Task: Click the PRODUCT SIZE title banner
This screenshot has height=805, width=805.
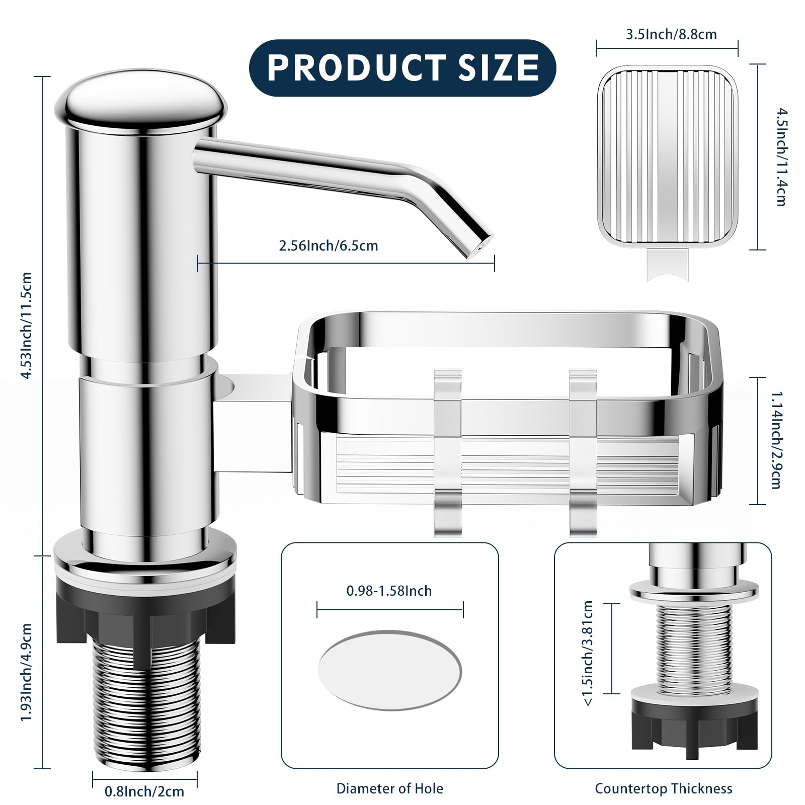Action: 403,67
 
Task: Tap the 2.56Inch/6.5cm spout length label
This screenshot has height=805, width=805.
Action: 328,246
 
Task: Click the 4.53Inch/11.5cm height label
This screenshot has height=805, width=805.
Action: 26,325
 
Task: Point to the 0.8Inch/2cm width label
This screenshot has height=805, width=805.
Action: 144,791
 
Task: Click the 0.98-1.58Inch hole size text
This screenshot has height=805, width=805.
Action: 389,591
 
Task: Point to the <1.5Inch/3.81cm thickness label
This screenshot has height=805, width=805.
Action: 588,653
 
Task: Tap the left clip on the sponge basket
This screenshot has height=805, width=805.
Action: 447,453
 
